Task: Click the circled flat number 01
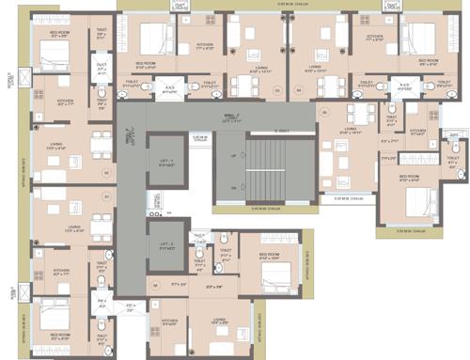[107, 196]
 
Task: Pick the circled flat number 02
[107, 173]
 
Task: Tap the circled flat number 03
[276, 90]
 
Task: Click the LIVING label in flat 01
[73, 227]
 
